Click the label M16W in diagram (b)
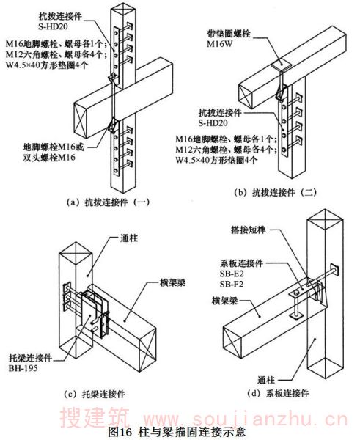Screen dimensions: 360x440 (x=220, y=44)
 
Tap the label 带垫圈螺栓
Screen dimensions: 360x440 (x=229, y=34)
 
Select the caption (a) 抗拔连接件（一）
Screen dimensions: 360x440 (x=108, y=202)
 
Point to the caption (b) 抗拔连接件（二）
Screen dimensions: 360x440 (x=276, y=192)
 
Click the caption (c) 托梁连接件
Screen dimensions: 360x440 (x=95, y=395)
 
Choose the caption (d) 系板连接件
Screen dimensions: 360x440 (x=278, y=393)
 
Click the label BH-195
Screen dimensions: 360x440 (x=23, y=368)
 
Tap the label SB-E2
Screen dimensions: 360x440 (x=232, y=274)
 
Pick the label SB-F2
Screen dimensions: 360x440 (x=232, y=285)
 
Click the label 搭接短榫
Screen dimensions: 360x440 (x=249, y=230)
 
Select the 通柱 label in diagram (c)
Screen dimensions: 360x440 (x=129, y=238)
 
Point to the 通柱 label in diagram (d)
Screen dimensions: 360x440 (x=266, y=380)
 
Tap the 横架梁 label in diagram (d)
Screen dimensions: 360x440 (x=225, y=301)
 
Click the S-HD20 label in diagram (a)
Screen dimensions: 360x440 (x=54, y=26)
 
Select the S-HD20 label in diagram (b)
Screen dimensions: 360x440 (x=213, y=123)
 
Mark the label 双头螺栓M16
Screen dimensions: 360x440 (x=49, y=158)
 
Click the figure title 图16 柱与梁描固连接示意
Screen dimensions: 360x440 (x=177, y=432)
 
